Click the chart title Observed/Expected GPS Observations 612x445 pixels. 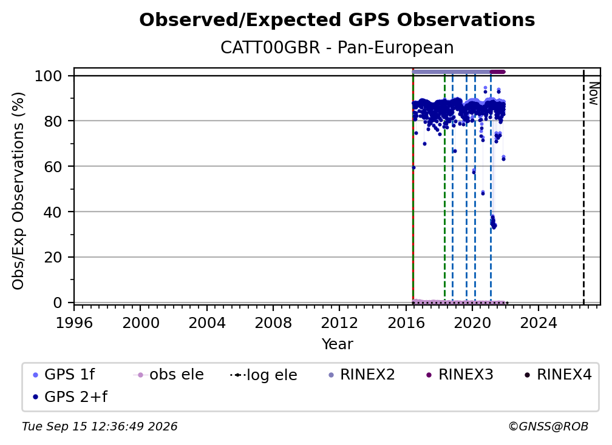pyautogui.click(x=337, y=20)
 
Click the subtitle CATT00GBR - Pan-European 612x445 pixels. pyautogui.click(x=337, y=47)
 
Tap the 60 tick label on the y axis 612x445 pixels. pyautogui.click(x=53, y=166)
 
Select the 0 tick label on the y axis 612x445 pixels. pyautogui.click(x=58, y=303)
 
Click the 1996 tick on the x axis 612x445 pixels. pyautogui.click(x=74, y=323)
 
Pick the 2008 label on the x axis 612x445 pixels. pyautogui.click(x=273, y=323)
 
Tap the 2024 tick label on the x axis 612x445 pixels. pyautogui.click(x=538, y=323)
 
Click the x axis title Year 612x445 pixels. pyautogui.click(x=337, y=344)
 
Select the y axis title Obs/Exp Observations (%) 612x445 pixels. pyautogui.click(x=18, y=191)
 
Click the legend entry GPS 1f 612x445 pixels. pyautogui.click(x=64, y=375)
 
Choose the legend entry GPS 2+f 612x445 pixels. pyautogui.click(x=70, y=396)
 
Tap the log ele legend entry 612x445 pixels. pyautogui.click(x=264, y=375)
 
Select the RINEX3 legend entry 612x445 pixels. pyautogui.click(x=460, y=375)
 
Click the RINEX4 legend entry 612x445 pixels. pyautogui.click(x=558, y=375)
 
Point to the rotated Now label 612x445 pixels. pyautogui.click(x=593, y=93)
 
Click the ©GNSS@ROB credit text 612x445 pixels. pyautogui.click(x=548, y=426)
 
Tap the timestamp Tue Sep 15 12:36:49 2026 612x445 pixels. pyautogui.click(x=100, y=426)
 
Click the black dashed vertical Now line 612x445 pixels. pyautogui.click(x=583, y=187)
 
